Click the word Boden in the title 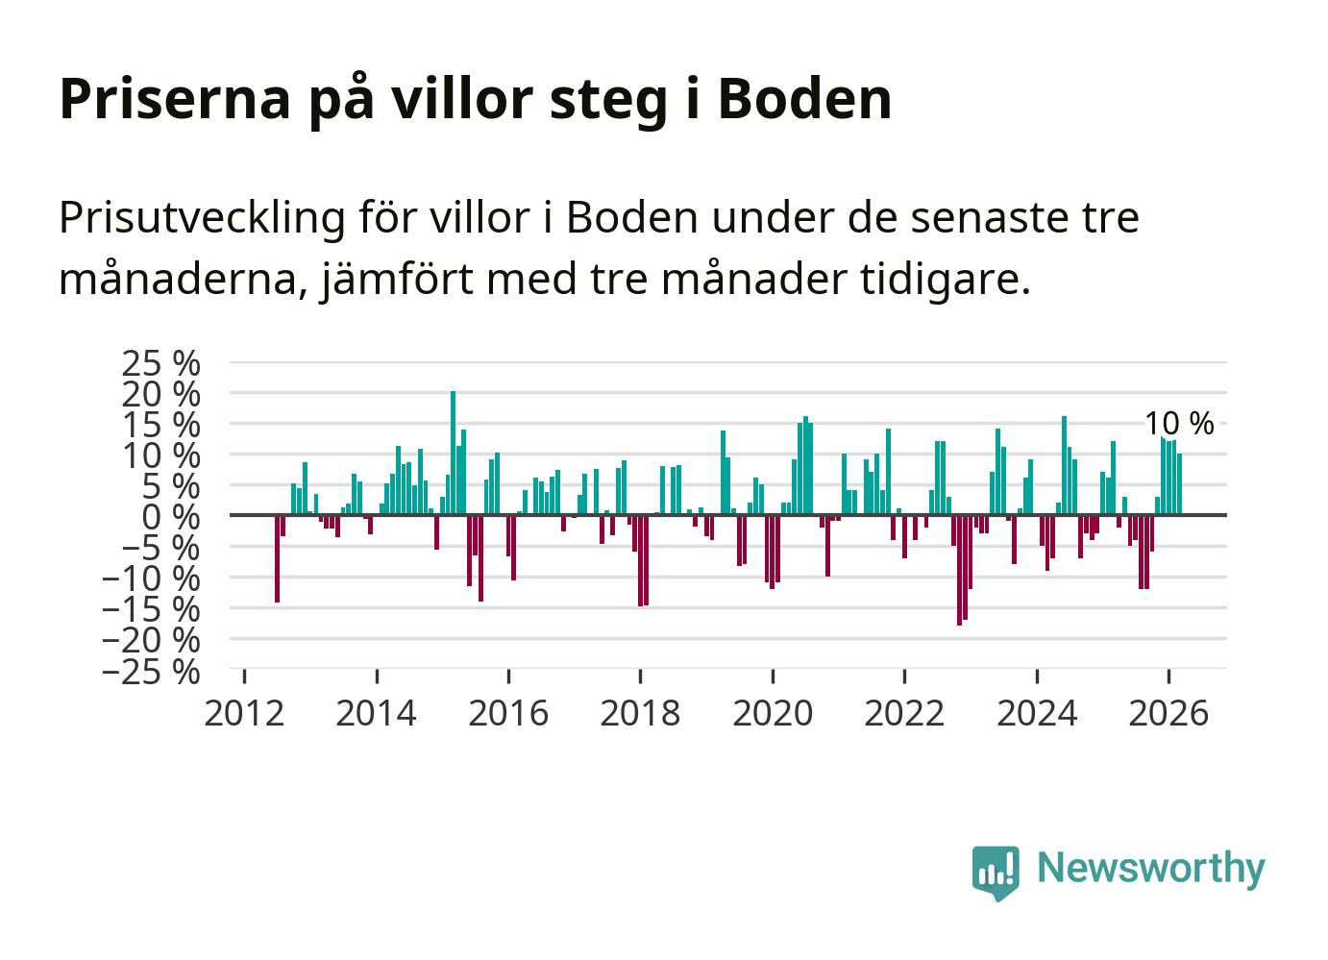(x=804, y=98)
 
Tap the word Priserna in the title (x=174, y=98)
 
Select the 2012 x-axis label (x=244, y=713)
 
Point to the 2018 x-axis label (x=640, y=713)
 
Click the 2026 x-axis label (x=1168, y=713)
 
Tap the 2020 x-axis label (x=772, y=713)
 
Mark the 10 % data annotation (x=1179, y=424)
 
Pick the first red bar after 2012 (x=277, y=558)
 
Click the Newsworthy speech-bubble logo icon (x=996, y=873)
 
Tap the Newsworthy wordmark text (x=1151, y=868)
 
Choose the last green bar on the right (x=1179, y=484)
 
